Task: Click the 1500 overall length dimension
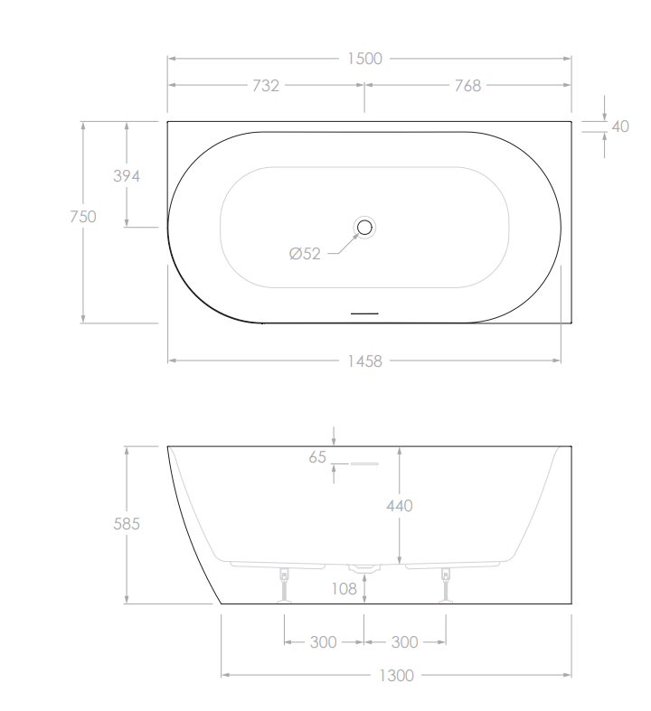(x=365, y=59)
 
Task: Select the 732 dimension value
(x=265, y=86)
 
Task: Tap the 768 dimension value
(x=467, y=86)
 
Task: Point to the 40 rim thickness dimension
(x=620, y=126)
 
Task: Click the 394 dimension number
(x=126, y=176)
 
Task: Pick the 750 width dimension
(x=83, y=217)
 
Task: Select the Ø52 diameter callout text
(x=305, y=255)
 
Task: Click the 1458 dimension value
(x=365, y=361)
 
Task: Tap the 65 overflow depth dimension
(x=316, y=457)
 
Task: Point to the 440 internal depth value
(x=399, y=506)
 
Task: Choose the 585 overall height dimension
(x=126, y=525)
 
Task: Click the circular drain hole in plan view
(x=364, y=228)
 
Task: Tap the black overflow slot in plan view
(x=364, y=313)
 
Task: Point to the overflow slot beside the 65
(x=363, y=464)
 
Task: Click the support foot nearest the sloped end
(x=285, y=583)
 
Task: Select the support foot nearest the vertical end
(x=445, y=583)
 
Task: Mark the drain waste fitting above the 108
(x=364, y=568)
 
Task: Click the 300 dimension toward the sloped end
(x=323, y=642)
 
